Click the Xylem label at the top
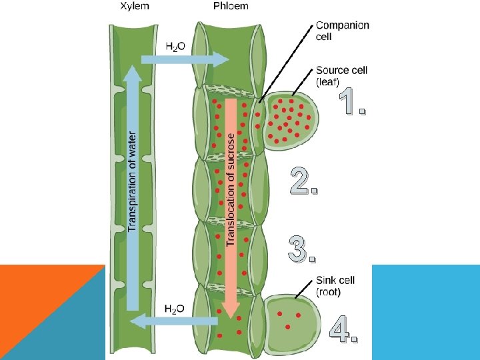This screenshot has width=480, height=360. pos(135,6)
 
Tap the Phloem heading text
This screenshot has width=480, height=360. pos(231,6)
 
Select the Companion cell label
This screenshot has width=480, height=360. pos(342,31)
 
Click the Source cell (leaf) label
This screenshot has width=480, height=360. pos(341,76)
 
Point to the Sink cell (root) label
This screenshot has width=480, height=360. pos(335,286)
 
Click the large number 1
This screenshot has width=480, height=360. pos(352,101)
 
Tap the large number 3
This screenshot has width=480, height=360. pos(302,249)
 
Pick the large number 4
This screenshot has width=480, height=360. pos(343,329)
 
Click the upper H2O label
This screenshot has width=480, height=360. pos(175,47)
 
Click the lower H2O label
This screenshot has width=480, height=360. pos(175,309)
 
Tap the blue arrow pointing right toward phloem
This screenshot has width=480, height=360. pos(185,59)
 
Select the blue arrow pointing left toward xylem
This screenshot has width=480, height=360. pos(173,321)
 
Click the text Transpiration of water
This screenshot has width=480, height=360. pos(132,181)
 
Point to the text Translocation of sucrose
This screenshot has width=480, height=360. pos(231,190)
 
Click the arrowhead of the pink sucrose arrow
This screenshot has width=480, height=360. pos(231,310)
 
